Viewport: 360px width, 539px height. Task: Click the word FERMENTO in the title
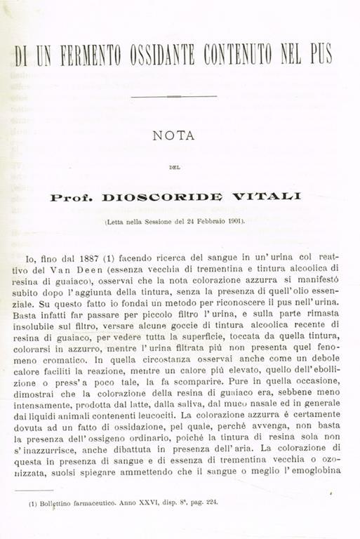pyautogui.click(x=83, y=55)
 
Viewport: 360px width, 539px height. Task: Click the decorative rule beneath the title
pyautogui.click(x=173, y=96)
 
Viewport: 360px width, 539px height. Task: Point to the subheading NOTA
pyautogui.click(x=173, y=136)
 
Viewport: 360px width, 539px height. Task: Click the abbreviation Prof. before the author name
pyautogui.click(x=72, y=198)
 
